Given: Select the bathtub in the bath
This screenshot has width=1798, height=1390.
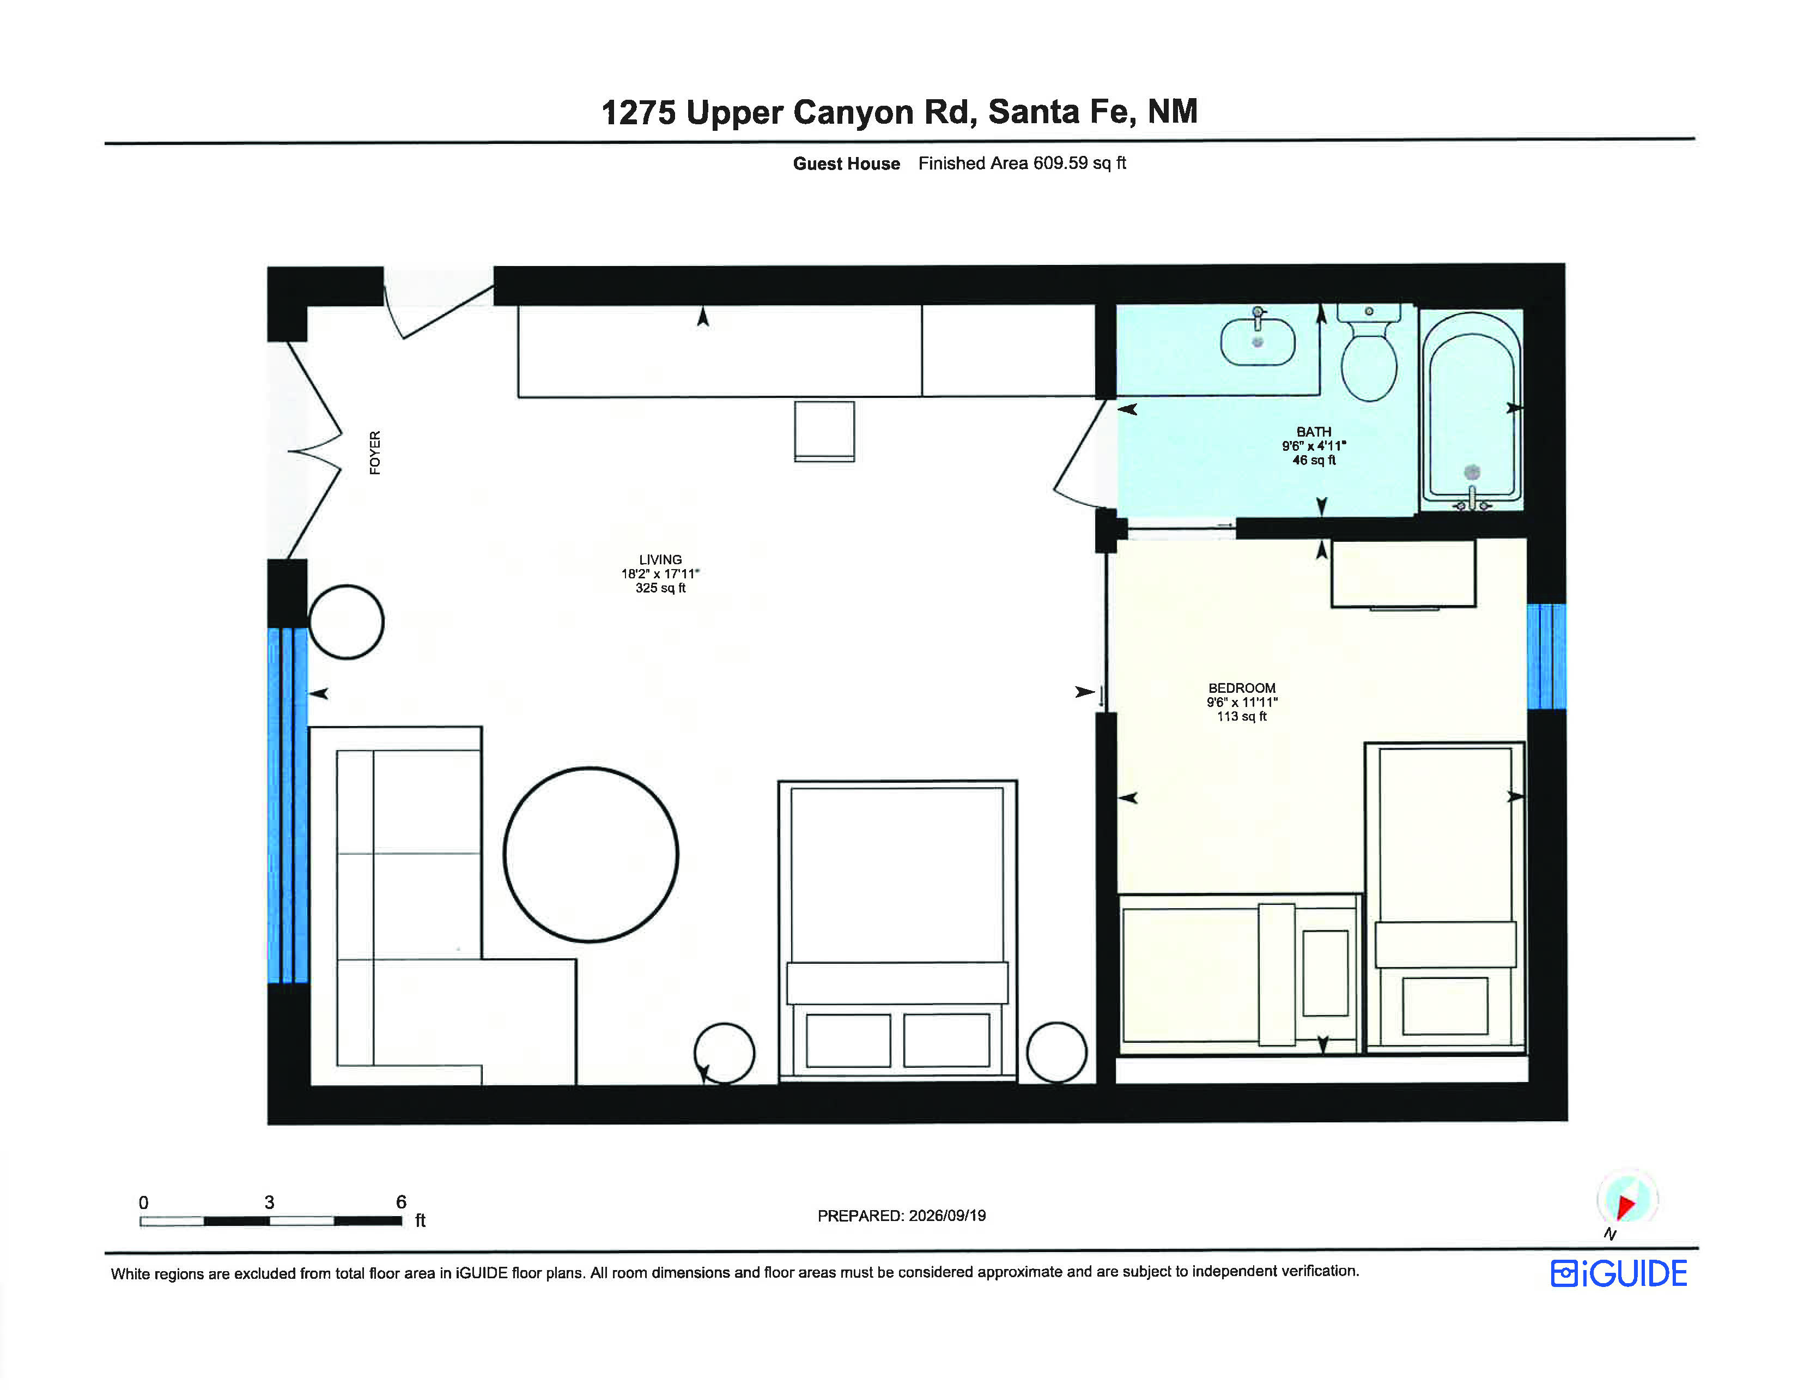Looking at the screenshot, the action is pos(1471,409).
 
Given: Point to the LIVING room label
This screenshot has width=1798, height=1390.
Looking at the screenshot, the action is pos(660,559).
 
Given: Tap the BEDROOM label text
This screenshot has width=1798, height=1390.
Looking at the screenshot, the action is pos(1242,687).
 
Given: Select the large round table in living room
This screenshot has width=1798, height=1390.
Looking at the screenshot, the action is pos(591,855).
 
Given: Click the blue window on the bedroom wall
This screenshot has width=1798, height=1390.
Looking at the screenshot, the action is pos(1546,656).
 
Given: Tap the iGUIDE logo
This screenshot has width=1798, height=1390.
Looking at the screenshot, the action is pos(1619,1273).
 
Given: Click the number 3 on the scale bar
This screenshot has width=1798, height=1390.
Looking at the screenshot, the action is pos(269,1202).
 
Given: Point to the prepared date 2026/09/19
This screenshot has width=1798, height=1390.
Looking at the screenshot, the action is pos(947,1216).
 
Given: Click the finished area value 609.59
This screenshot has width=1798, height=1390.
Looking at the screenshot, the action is pos(1060,163).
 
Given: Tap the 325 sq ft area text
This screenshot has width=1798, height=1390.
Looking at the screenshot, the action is pos(660,588).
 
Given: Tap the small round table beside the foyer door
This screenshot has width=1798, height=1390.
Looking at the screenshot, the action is pos(346,622).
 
